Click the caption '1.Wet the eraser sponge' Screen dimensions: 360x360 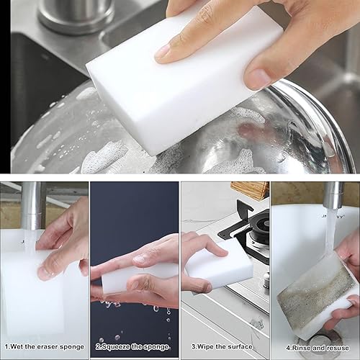(44, 347)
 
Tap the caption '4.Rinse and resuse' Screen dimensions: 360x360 (315, 347)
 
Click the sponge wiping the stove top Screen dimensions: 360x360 (220, 270)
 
